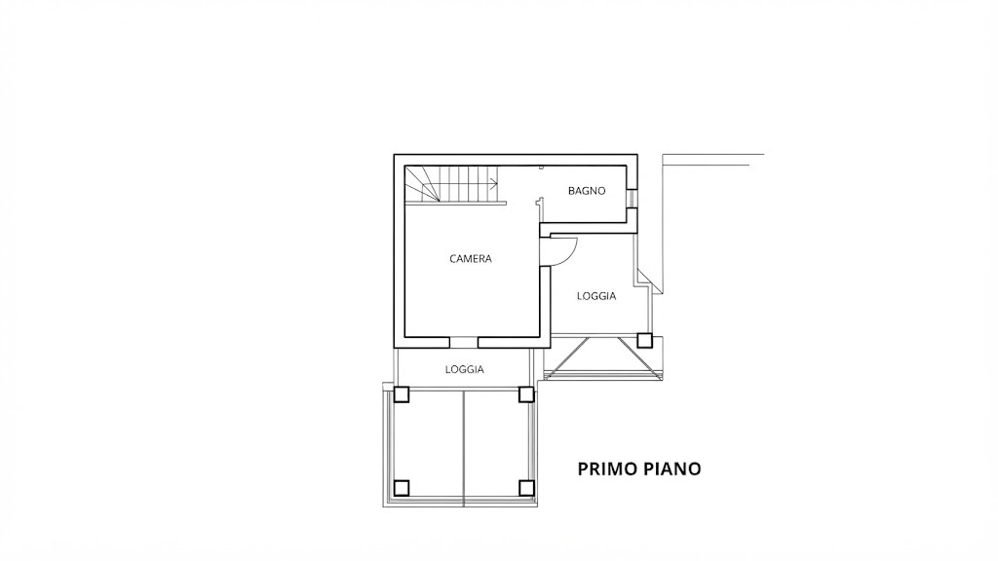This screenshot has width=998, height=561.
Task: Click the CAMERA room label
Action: click(x=471, y=259)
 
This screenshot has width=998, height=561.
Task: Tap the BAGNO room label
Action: click(x=587, y=191)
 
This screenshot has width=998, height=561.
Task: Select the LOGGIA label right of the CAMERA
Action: click(x=596, y=296)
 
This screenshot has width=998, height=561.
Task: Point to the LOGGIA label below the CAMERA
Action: click(x=465, y=369)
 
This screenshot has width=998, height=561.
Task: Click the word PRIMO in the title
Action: click(x=606, y=468)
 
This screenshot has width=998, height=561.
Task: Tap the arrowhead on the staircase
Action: click(x=494, y=184)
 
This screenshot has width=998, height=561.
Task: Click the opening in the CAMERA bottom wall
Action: click(x=463, y=342)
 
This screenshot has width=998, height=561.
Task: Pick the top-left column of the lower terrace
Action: click(x=401, y=394)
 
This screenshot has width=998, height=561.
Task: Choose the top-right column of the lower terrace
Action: click(x=525, y=394)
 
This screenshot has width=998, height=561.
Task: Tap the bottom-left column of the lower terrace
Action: click(x=401, y=488)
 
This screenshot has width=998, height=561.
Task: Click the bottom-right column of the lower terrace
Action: click(x=525, y=488)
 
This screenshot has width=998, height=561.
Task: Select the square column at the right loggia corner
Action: click(x=645, y=340)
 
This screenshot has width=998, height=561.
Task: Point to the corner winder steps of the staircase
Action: click(x=421, y=184)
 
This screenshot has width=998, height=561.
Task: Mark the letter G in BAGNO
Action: click(x=585, y=191)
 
